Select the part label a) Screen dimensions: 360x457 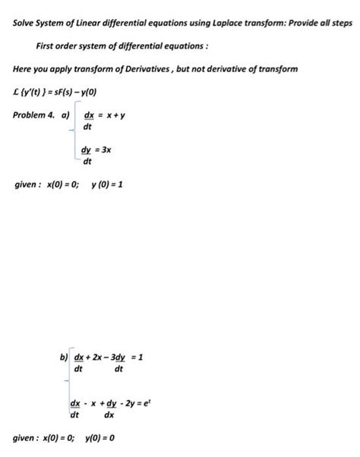click(x=65, y=115)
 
